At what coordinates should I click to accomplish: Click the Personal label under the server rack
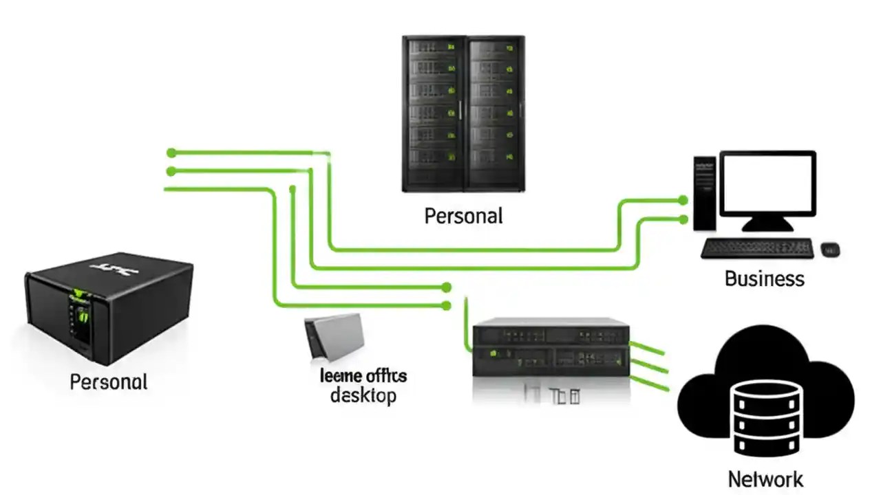point(463,216)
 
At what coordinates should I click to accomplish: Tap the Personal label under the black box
point(109,382)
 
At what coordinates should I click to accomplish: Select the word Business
point(764,278)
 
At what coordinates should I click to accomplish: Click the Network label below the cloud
point(765,479)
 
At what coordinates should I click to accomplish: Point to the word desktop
point(363,396)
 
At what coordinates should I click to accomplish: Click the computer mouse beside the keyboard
point(830,249)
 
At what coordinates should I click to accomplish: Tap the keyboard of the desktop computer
point(757,248)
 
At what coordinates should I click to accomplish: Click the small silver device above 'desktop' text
point(333,337)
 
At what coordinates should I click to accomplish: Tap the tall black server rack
point(463,113)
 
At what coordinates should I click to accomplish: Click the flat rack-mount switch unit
point(551,347)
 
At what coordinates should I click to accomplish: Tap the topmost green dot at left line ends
point(171,153)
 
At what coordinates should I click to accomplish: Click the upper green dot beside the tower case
point(682,200)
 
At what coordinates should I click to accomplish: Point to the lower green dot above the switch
point(446,305)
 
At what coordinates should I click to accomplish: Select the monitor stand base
point(767,225)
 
